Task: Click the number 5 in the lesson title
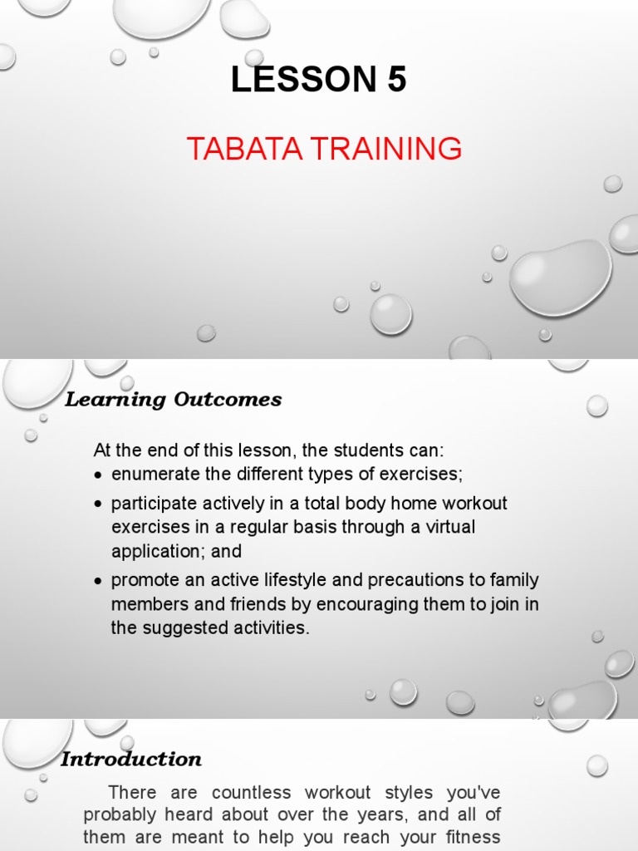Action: (395, 80)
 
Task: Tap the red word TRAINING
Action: (383, 149)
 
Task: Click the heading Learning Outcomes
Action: (174, 400)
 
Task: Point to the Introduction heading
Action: (131, 760)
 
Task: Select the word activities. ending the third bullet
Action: (268, 628)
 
